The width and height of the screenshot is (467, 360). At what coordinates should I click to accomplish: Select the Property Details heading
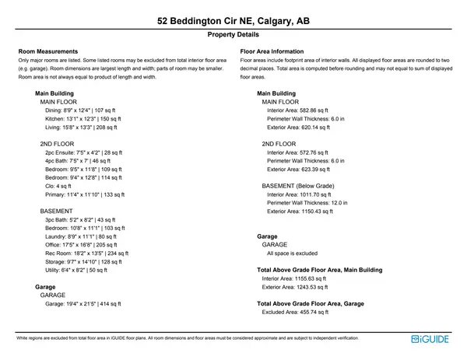pos(233,35)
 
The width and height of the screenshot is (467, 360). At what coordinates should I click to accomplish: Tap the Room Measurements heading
pos(47,51)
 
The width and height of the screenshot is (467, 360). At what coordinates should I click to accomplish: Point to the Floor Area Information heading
pos(276,51)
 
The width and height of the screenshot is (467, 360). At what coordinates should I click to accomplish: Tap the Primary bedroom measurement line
pos(85,194)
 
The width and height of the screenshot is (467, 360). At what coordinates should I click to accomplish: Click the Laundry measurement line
pos(81,236)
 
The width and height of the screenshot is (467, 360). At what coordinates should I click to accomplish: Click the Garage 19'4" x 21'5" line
pos(83,304)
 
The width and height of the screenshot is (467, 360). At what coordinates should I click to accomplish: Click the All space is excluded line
pos(292,253)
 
